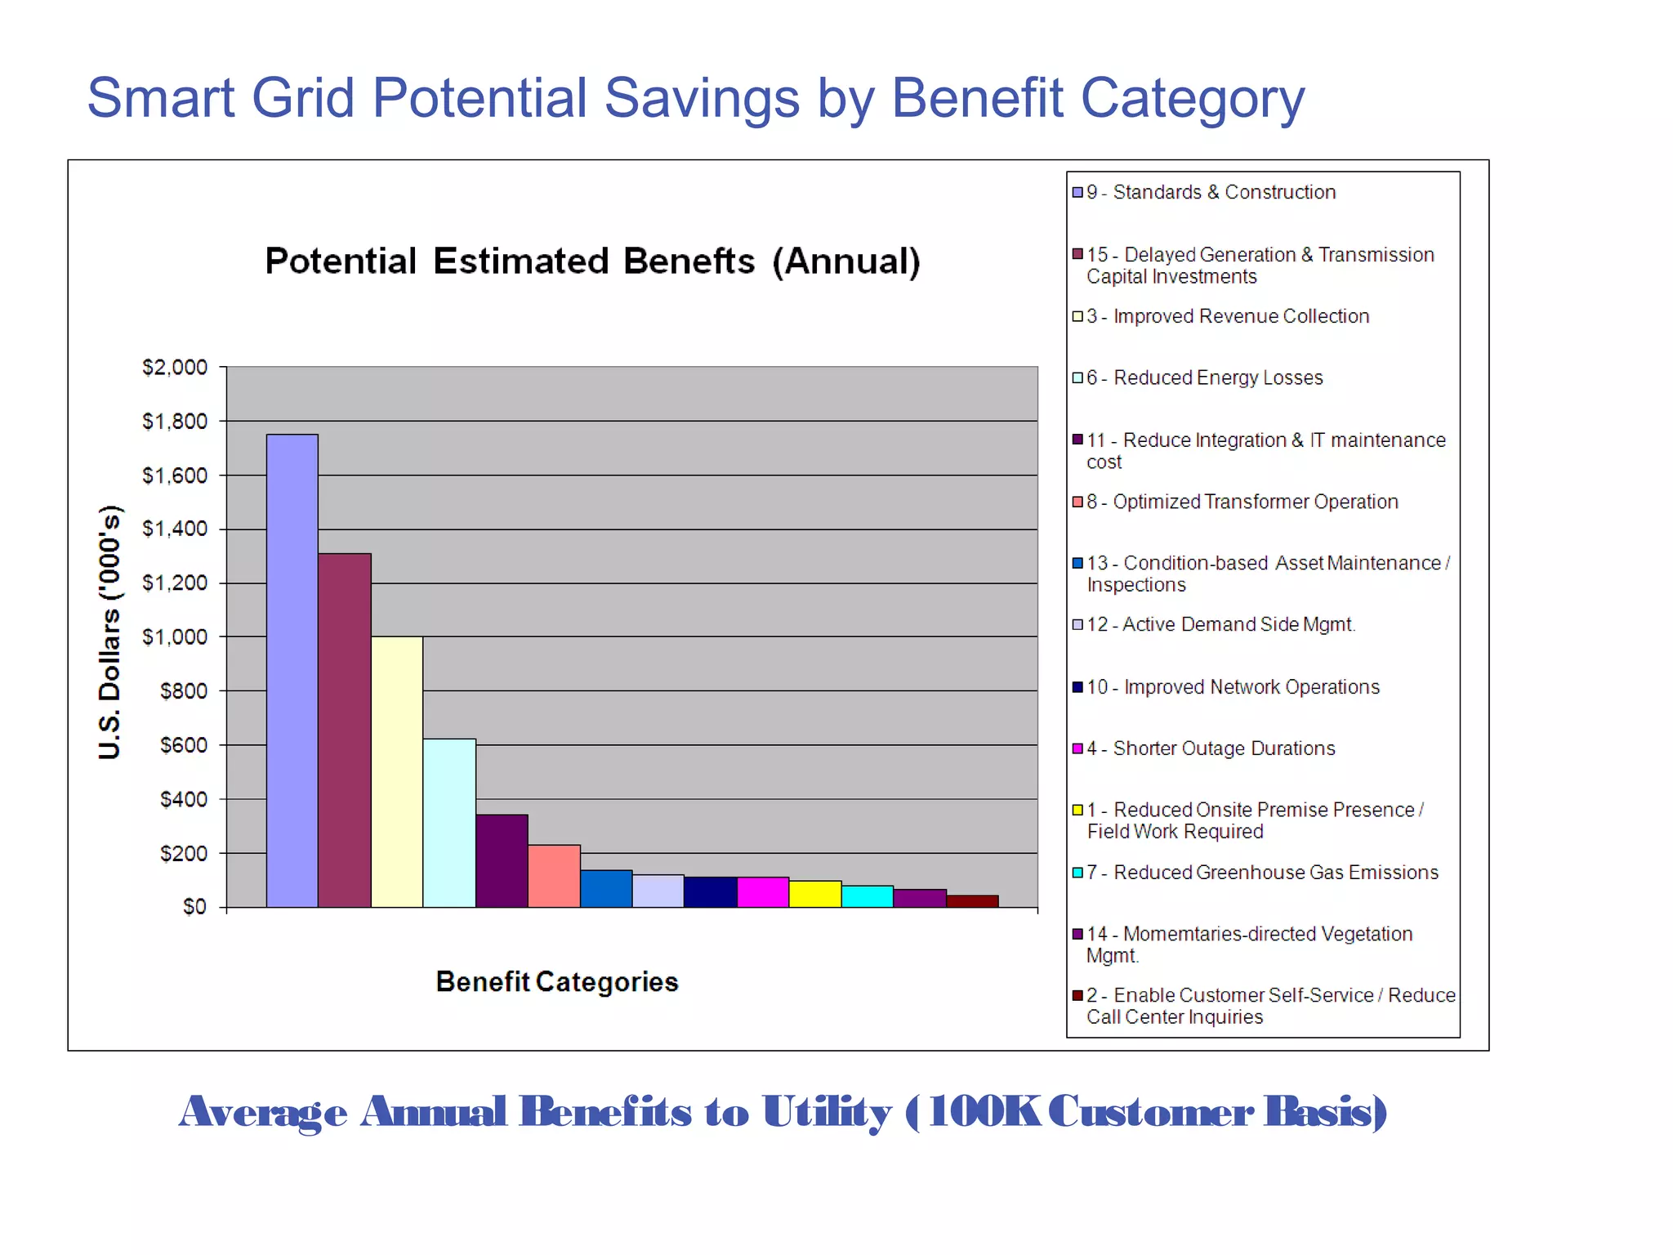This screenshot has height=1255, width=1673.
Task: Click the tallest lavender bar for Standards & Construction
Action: point(292,670)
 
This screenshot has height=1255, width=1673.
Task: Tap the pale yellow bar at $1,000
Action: point(397,771)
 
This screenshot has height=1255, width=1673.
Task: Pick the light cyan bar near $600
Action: point(449,823)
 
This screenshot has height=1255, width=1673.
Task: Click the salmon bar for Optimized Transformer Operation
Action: point(554,876)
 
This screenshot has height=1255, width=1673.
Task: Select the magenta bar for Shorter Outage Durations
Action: point(763,891)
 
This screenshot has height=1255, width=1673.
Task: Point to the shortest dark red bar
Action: point(972,901)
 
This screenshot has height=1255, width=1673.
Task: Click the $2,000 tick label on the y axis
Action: point(175,368)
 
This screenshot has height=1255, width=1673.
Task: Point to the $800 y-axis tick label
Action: point(184,691)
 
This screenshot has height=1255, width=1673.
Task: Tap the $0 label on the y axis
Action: point(194,907)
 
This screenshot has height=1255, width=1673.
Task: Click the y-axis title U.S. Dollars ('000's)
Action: point(110,632)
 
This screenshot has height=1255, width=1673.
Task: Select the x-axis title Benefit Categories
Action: point(557,981)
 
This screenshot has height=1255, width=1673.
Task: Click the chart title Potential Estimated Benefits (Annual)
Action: point(593,261)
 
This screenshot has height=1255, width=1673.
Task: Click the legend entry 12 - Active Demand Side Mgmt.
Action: point(1220,624)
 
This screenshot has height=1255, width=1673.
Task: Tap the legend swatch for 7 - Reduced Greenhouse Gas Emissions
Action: point(1077,873)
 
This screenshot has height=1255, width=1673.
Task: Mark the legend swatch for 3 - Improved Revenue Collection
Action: point(1077,316)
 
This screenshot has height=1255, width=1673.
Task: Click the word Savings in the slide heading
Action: point(702,98)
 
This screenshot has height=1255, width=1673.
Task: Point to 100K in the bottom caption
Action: point(984,1112)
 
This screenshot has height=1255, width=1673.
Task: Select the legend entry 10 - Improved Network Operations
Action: point(1233,687)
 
